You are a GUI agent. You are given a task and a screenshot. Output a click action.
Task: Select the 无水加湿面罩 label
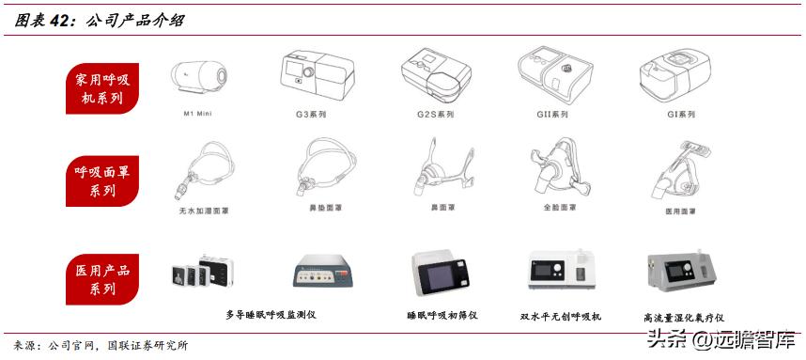[201, 211]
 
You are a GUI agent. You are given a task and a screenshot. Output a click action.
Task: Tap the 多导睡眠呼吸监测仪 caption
[271, 314]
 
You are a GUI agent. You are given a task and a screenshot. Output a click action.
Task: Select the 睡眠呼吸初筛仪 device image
[441, 273]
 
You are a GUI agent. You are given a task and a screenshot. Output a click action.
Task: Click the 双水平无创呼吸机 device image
[560, 273]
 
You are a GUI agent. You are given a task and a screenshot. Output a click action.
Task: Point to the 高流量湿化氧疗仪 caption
[683, 318]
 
